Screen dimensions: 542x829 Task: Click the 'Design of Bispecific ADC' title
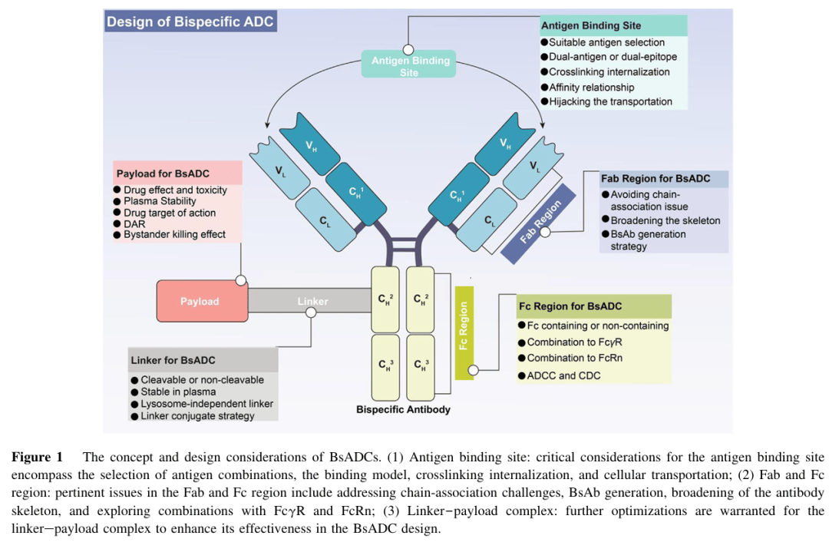coord(190,21)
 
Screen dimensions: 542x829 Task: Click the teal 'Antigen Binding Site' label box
coord(409,65)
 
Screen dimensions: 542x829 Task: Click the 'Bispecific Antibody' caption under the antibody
coord(403,409)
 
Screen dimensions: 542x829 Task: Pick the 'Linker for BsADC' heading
coord(173,360)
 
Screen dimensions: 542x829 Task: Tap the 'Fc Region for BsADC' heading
coord(570,306)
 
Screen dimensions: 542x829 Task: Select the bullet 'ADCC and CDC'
coord(563,375)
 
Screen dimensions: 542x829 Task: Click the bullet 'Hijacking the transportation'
coord(610,101)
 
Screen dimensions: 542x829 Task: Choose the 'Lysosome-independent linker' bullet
coord(206,404)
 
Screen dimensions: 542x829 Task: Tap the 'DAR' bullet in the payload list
coord(134,223)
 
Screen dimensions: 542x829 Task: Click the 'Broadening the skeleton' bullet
coord(666,220)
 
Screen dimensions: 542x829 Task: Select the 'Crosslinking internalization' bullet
coord(609,71)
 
